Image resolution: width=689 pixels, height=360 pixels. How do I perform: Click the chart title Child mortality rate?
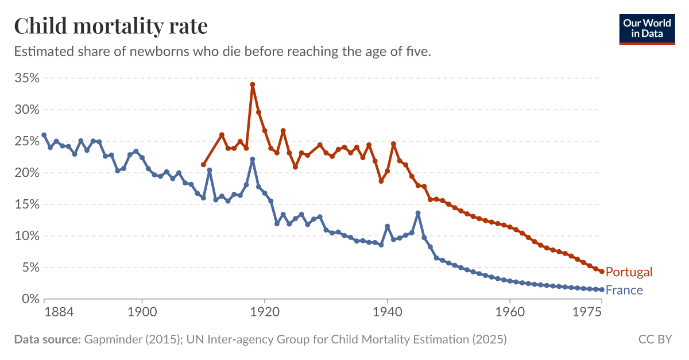coord(111,26)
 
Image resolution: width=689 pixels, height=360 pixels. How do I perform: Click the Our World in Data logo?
coord(647,29)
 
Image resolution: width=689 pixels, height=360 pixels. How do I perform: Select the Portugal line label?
coord(629,272)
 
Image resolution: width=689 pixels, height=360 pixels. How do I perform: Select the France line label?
coord(624,291)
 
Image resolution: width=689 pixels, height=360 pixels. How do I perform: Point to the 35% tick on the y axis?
coord(26,78)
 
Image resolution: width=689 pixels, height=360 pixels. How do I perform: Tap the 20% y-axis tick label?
coord(26,173)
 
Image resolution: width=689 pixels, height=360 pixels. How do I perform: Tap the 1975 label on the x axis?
coord(587,312)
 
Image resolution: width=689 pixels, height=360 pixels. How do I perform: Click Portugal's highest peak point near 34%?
coord(252,84)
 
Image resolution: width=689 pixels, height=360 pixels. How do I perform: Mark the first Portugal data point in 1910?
coord(203,165)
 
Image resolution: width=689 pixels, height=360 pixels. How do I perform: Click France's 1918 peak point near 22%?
coord(252,159)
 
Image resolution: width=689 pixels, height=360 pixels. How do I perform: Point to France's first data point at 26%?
coord(44,135)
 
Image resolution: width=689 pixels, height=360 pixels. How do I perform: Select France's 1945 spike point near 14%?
coord(418,213)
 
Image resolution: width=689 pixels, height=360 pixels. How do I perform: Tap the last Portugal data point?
coord(602,272)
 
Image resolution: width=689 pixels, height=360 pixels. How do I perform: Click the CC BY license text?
coord(655,339)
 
